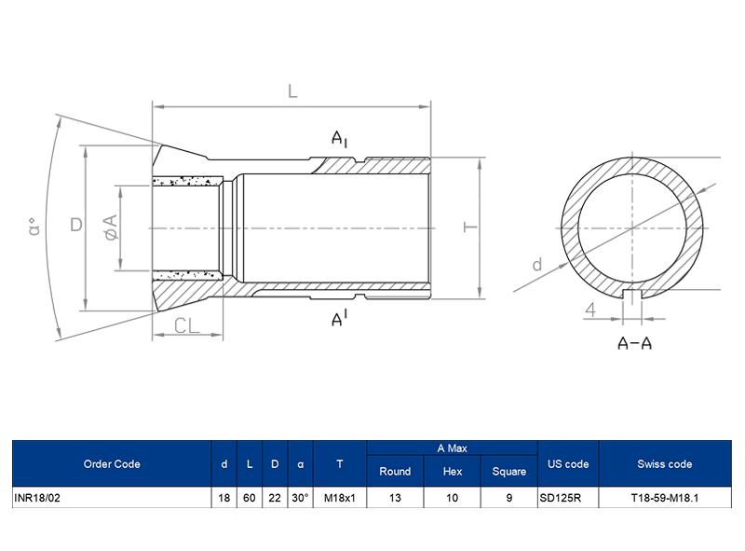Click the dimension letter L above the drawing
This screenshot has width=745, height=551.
pos(291,91)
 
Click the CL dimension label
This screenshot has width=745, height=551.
pos(188,325)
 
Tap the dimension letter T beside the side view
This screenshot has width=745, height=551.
pos(471,227)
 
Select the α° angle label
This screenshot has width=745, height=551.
pos(34,227)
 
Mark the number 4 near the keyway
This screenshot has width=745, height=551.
pos(590,310)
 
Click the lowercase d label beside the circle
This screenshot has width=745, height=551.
pos(537,265)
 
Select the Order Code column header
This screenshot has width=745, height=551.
pos(112,463)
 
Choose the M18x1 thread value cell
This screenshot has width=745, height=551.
pos(340,498)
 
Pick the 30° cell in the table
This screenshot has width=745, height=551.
pos(300,498)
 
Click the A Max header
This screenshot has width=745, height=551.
pos(453,448)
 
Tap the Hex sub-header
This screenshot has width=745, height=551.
pos(453,472)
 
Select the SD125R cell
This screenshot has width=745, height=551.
pos(561,498)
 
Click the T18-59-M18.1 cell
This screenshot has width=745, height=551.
pos(665,498)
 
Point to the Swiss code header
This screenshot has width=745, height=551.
pos(665,463)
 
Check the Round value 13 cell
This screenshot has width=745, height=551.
pos(395,498)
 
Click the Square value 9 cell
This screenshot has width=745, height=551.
pos(509,498)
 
